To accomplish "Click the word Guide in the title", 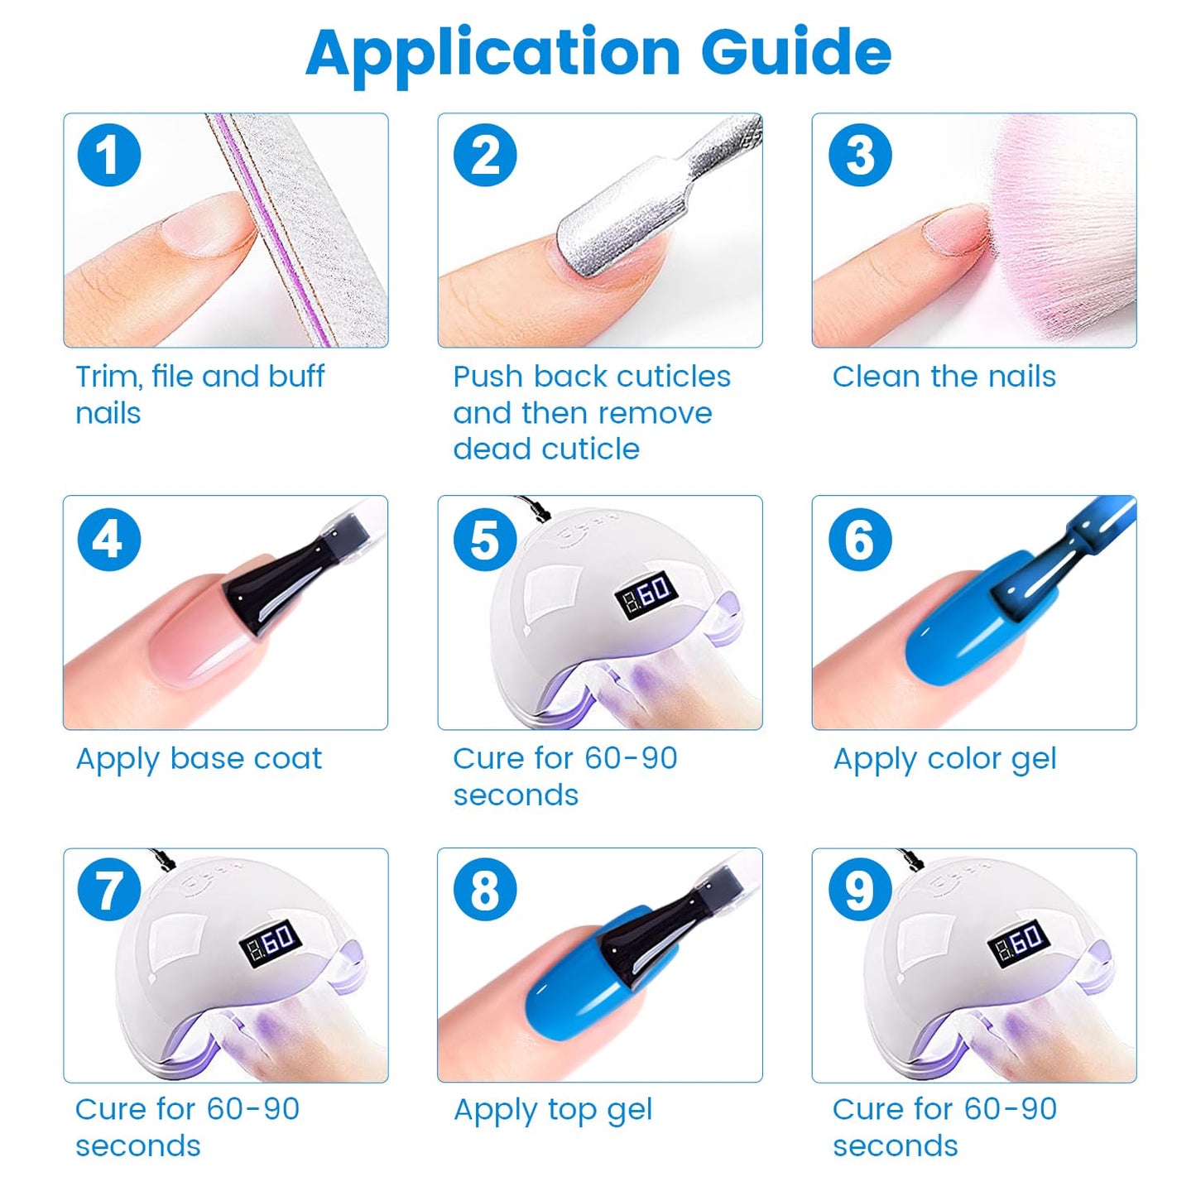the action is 796,52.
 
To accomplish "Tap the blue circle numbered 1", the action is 108,155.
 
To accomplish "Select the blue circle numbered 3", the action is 860,155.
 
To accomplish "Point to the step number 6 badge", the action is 860,539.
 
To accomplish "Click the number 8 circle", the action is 485,890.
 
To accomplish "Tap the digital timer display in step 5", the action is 646,592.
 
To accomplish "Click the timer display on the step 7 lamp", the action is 271,943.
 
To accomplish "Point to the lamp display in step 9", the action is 1019,943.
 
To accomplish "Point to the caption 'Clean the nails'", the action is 944,376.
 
